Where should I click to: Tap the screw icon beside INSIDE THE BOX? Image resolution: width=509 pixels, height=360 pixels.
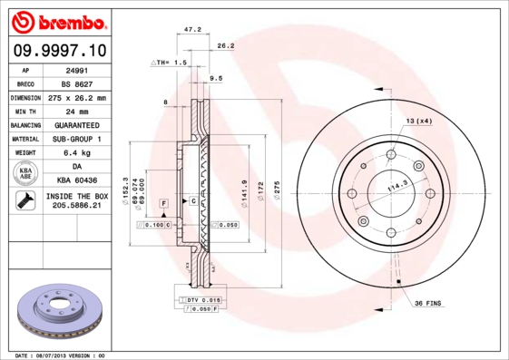[21, 201]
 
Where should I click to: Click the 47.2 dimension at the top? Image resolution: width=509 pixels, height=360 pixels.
[192, 29]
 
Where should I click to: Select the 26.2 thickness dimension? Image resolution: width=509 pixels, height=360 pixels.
[226, 45]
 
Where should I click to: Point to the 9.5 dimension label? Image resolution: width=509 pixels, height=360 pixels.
[216, 79]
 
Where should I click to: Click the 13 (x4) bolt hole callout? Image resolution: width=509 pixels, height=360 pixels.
[418, 122]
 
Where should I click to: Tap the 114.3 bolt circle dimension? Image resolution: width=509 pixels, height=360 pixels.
[396, 189]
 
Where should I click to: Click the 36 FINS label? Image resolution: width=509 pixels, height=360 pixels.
[427, 302]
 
